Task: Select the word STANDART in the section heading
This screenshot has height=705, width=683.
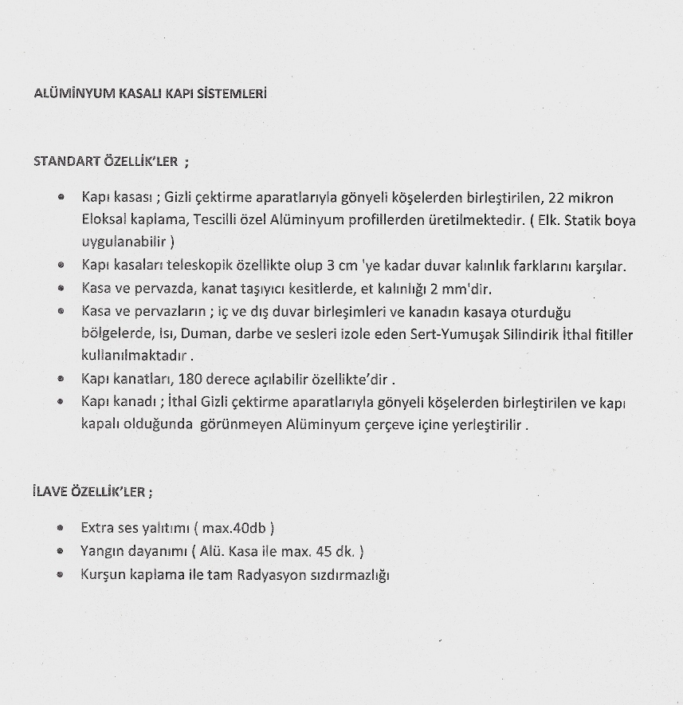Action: (66, 161)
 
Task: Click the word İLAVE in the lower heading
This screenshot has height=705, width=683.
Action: (50, 491)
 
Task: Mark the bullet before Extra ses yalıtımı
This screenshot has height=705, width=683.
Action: (61, 528)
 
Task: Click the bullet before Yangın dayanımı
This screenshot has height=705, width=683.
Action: (61, 551)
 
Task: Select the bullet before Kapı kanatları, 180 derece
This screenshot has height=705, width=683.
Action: (61, 380)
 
